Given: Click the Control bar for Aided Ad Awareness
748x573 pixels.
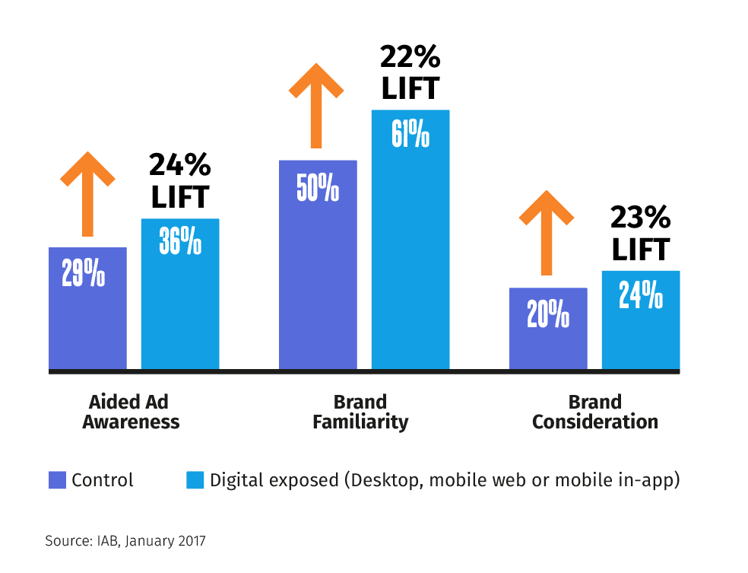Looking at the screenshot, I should [x=87, y=308].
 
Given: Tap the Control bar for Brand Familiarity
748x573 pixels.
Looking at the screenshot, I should [x=318, y=266].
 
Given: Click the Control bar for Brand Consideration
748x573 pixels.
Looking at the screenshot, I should [x=548, y=329].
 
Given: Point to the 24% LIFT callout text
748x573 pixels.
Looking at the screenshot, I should [x=179, y=180].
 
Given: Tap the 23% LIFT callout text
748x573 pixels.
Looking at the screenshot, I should [x=640, y=234].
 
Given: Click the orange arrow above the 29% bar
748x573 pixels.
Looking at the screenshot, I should [x=88, y=193].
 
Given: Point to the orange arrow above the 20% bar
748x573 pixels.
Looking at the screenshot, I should [x=546, y=232].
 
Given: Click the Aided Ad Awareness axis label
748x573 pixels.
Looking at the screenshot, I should [x=131, y=412].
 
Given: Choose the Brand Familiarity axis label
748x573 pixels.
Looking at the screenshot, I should [x=360, y=412].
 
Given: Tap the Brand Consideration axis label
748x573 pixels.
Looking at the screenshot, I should [x=594, y=412].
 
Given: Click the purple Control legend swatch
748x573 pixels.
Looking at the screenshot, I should [x=57, y=480].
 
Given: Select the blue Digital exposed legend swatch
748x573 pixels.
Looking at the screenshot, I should [x=195, y=480].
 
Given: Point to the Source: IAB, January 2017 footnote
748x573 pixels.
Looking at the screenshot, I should [x=125, y=541].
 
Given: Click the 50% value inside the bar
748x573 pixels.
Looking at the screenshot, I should [x=318, y=188].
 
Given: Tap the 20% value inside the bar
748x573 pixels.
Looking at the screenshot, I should [x=548, y=314].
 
